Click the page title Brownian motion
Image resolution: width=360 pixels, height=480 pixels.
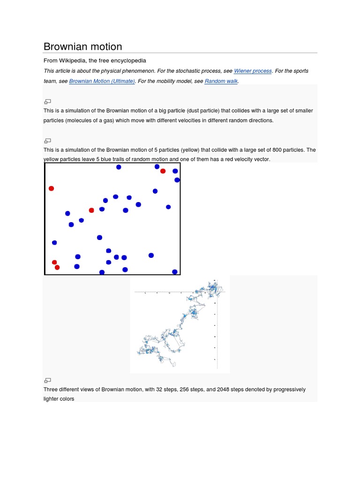[x=82, y=46]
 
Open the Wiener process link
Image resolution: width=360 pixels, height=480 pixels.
[x=253, y=71]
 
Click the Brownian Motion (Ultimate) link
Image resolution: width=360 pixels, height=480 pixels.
[x=102, y=81]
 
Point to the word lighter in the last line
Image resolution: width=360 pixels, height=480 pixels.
[x=52, y=399]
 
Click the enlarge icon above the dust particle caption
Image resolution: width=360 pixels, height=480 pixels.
[x=47, y=101]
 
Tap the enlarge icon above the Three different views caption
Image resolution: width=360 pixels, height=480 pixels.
[x=47, y=380]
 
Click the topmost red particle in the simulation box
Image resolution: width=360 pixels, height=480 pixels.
[x=163, y=171]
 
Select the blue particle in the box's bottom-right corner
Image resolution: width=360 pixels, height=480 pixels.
[x=175, y=272]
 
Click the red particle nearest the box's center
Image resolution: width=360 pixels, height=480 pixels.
[x=91, y=210]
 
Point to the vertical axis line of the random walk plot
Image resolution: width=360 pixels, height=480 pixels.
[x=217, y=323]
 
